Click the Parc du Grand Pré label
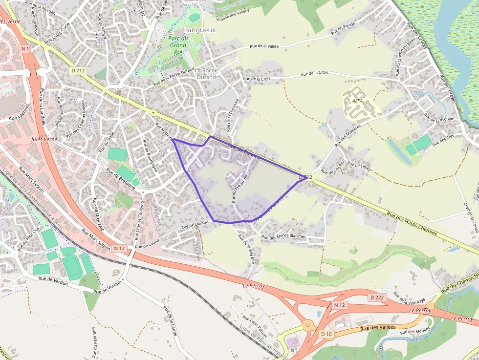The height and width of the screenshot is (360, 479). [178, 45]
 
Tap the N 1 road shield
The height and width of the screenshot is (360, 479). [25, 49]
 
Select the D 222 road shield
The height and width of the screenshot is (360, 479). [377, 297]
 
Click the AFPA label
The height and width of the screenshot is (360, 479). [357, 101]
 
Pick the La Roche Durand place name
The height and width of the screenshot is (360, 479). [206, 74]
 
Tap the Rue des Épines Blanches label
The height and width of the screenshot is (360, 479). [283, 237]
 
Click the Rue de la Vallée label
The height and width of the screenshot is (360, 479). [264, 46]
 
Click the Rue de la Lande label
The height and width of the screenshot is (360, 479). [170, 322]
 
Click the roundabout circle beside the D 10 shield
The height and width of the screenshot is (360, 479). [308, 324]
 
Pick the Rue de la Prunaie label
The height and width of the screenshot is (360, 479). [439, 118]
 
